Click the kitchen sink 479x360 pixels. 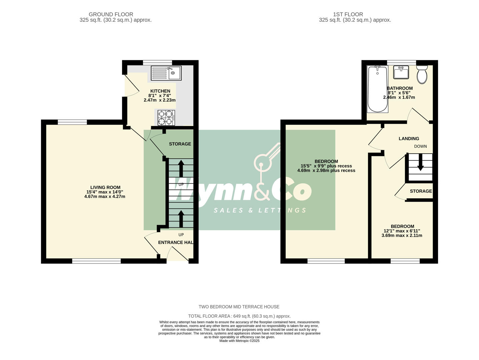(x=166, y=73)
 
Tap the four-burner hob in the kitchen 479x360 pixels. (x=166, y=118)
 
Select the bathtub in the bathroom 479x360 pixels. (x=378, y=89)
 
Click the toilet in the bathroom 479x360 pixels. (x=422, y=74)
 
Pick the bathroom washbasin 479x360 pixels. (x=401, y=72)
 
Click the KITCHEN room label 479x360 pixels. (x=160, y=91)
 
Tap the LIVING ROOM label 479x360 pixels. (x=105, y=188)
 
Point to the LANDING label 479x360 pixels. (x=409, y=139)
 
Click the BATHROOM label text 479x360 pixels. (x=400, y=88)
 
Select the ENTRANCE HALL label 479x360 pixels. (x=175, y=243)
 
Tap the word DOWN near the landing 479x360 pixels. (x=420, y=146)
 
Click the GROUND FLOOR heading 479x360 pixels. (x=111, y=14)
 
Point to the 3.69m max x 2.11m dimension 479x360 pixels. (x=402, y=235)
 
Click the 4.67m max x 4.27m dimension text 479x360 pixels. (x=105, y=197)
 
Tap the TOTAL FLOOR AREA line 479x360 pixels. (x=239, y=316)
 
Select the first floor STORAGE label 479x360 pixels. (x=421, y=191)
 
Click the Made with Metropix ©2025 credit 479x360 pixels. (x=239, y=341)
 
